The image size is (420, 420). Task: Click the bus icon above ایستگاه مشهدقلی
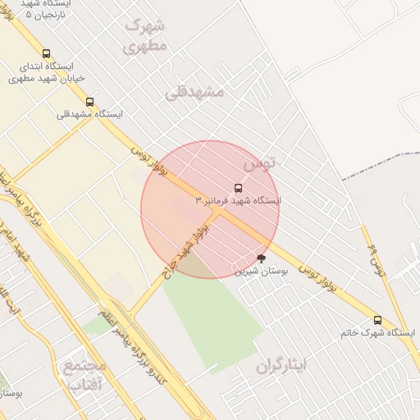click(89, 102)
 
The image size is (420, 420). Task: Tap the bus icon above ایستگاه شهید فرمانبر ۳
click(239, 188)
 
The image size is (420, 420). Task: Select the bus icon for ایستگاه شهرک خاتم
click(377, 320)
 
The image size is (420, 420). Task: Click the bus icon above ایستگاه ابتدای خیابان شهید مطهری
click(46, 53)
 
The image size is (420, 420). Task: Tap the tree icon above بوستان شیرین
click(262, 258)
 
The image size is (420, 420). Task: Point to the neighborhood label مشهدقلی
click(194, 92)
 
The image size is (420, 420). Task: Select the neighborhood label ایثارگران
click(280, 363)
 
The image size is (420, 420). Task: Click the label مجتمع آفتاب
click(84, 374)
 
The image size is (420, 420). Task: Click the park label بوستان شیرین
click(262, 271)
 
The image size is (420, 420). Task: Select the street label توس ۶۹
click(378, 259)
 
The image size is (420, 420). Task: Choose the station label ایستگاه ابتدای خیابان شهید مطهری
click(47, 72)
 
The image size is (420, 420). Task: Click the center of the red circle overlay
click(210, 210)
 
